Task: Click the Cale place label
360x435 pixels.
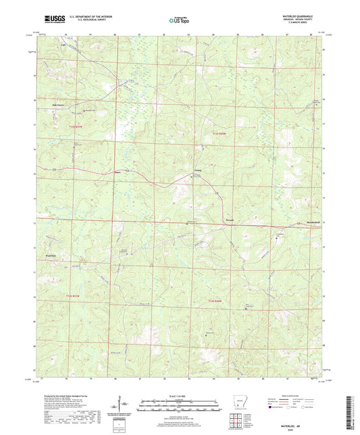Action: point(66,47)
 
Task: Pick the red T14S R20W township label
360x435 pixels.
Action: point(216,300)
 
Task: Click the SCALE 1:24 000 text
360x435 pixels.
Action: point(180,394)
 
